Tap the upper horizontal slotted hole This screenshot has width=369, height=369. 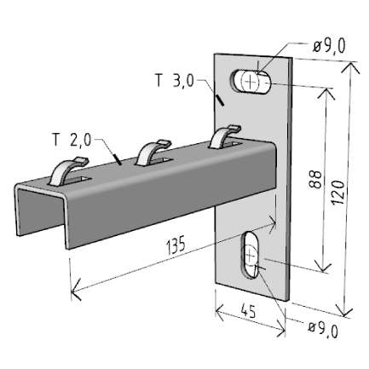(x=252, y=82)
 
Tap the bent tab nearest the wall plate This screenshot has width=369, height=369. (x=223, y=135)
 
